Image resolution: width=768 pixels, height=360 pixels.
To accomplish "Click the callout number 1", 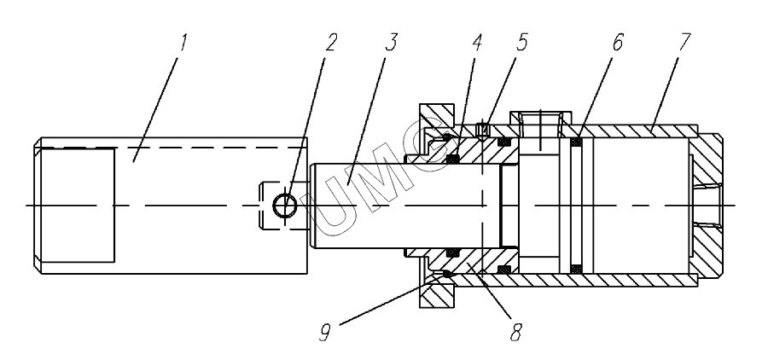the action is (183, 43).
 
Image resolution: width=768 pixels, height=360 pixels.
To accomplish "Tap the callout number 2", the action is (331, 43).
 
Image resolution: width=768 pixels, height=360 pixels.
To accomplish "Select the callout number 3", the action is (391, 43).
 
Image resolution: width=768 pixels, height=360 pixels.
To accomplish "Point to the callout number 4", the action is (476, 43).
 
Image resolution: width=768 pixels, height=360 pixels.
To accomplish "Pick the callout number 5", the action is (521, 43).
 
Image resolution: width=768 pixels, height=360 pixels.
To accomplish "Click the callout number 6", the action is (618, 43).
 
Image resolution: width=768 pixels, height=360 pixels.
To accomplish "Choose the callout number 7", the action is (684, 43).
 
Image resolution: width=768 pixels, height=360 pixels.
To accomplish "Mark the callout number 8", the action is (515, 333).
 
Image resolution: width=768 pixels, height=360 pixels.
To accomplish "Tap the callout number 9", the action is (325, 333).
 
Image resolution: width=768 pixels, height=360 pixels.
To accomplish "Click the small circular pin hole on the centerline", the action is (284, 205).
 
